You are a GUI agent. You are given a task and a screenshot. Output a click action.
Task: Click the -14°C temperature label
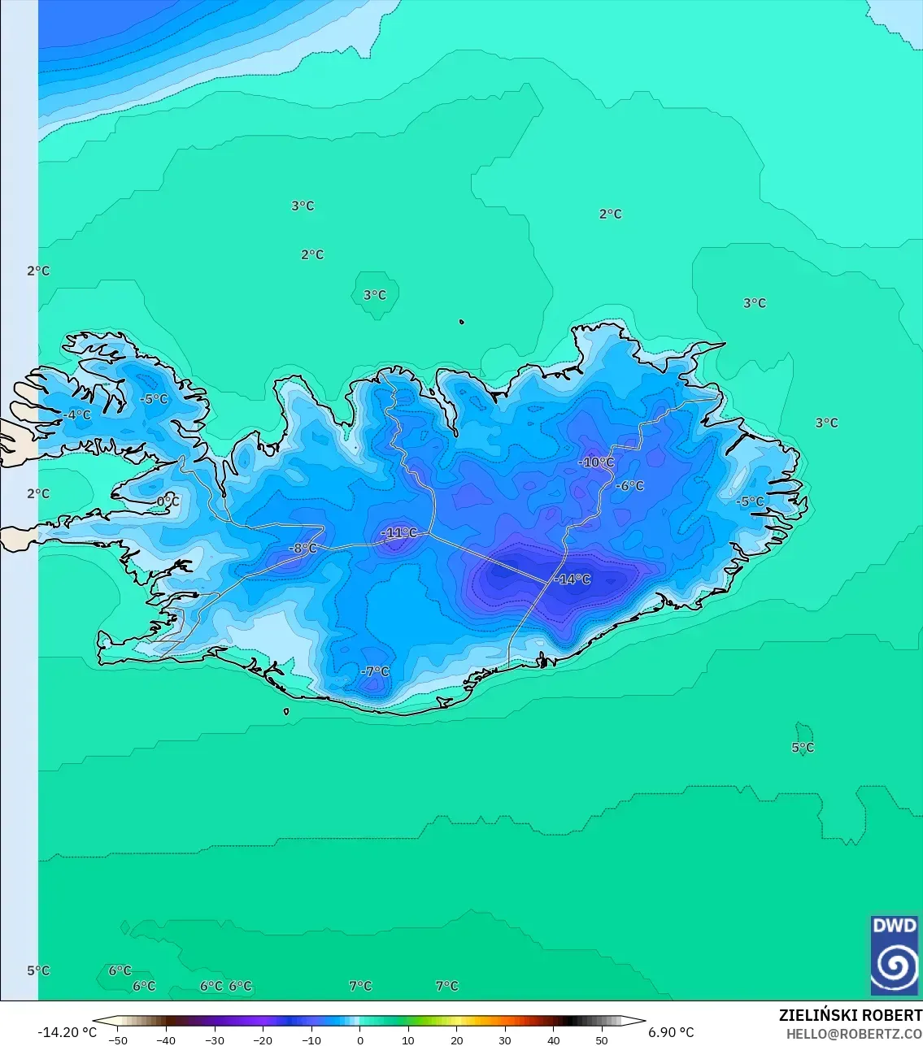(573, 579)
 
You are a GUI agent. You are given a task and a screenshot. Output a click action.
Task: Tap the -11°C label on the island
(399, 533)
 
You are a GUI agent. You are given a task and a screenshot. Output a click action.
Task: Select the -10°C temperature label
(597, 462)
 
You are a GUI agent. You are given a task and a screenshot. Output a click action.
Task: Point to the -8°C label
(303, 549)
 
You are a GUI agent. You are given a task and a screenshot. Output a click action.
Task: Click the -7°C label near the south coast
(375, 672)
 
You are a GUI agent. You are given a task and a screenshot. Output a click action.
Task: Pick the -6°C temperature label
(630, 486)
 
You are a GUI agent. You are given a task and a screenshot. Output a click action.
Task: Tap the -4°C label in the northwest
(77, 415)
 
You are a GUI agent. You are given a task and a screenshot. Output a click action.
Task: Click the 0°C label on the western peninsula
(168, 501)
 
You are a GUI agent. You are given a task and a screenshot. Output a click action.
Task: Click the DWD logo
(894, 956)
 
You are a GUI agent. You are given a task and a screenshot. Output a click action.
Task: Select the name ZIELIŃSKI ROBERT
(850, 1015)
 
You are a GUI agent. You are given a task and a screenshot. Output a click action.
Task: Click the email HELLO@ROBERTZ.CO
(854, 1034)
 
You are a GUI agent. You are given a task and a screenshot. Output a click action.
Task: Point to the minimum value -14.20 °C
(67, 1033)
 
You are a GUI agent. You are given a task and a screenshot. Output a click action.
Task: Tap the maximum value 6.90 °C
(671, 1033)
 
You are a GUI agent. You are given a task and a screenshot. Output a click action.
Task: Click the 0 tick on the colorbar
(360, 1040)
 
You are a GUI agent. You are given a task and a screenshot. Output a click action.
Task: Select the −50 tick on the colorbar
(118, 1040)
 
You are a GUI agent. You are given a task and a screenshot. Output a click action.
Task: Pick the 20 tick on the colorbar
(456, 1040)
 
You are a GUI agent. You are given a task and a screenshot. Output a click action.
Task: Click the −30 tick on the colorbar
(215, 1040)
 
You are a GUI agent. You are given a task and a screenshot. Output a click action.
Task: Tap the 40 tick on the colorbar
(553, 1040)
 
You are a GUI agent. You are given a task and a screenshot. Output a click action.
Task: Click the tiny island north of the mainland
(462, 322)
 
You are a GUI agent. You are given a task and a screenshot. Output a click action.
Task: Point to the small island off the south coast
(286, 712)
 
